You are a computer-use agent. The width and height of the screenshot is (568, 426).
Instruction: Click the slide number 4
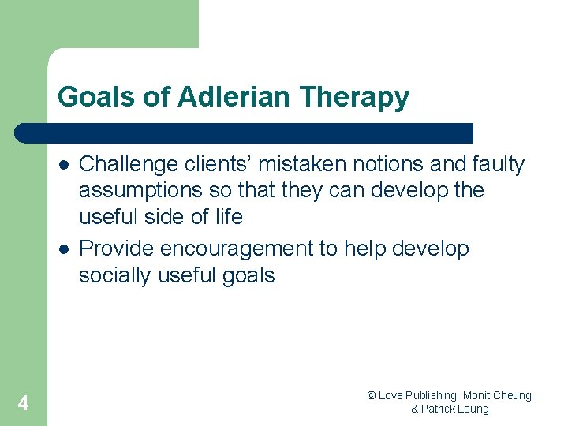pos(23,403)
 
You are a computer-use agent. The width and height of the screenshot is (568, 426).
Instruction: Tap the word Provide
pos(117,248)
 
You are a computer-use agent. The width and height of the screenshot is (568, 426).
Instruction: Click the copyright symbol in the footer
pos(372,395)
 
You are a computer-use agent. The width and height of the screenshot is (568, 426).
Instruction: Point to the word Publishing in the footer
pos(432,395)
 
